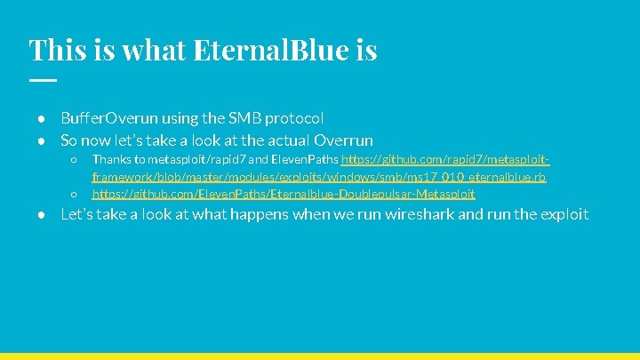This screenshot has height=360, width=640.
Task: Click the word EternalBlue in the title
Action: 282,50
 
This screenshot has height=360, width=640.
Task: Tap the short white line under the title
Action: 42,80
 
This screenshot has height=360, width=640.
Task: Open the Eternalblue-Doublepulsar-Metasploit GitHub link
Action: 283,193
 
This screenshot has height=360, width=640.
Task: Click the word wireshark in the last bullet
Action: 418,214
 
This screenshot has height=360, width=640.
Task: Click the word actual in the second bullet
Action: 293,140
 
